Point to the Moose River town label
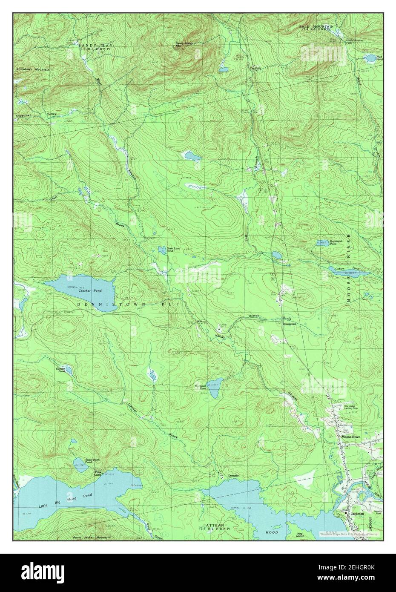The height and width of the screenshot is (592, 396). point(349,437)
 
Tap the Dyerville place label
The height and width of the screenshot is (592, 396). point(233,475)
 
